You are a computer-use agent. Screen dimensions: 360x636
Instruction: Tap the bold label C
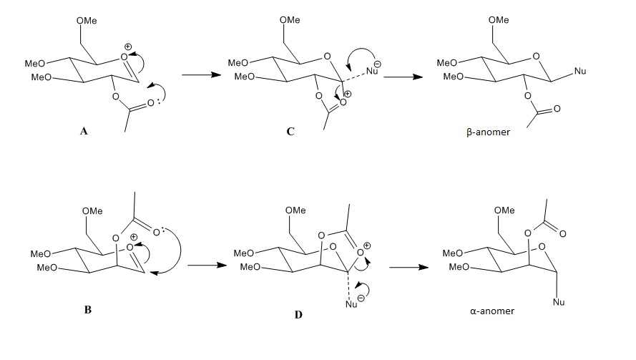click(x=290, y=131)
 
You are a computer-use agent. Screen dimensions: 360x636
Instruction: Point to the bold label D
click(x=298, y=314)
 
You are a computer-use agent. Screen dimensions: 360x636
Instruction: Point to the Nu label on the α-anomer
click(x=559, y=302)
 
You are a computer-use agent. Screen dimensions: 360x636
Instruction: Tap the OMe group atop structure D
click(x=295, y=210)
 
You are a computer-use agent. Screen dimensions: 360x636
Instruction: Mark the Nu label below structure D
click(x=351, y=305)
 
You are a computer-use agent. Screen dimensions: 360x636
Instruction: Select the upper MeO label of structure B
click(x=39, y=253)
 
